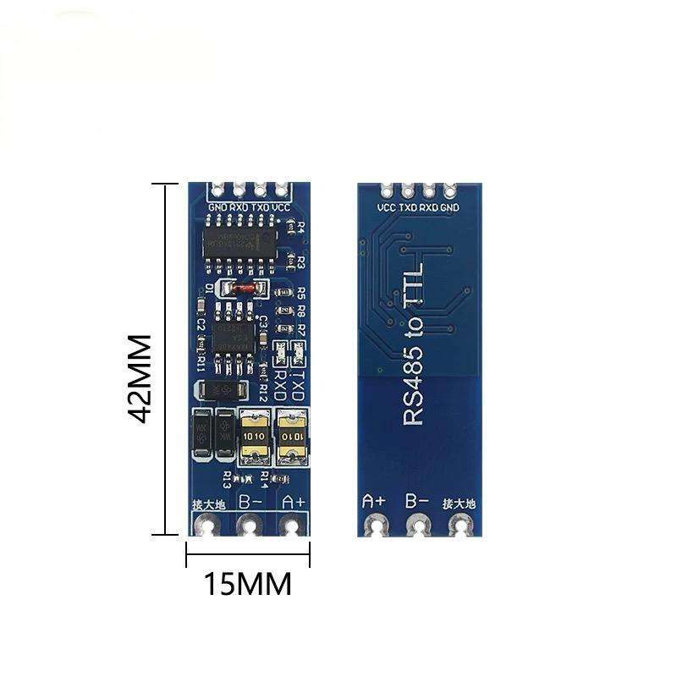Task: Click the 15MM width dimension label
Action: click(246, 584)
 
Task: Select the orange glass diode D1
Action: click(244, 289)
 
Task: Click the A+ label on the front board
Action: click(292, 501)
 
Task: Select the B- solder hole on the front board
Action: click(248, 527)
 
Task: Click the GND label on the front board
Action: click(217, 206)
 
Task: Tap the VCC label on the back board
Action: click(386, 206)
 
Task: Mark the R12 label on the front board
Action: click(264, 392)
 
